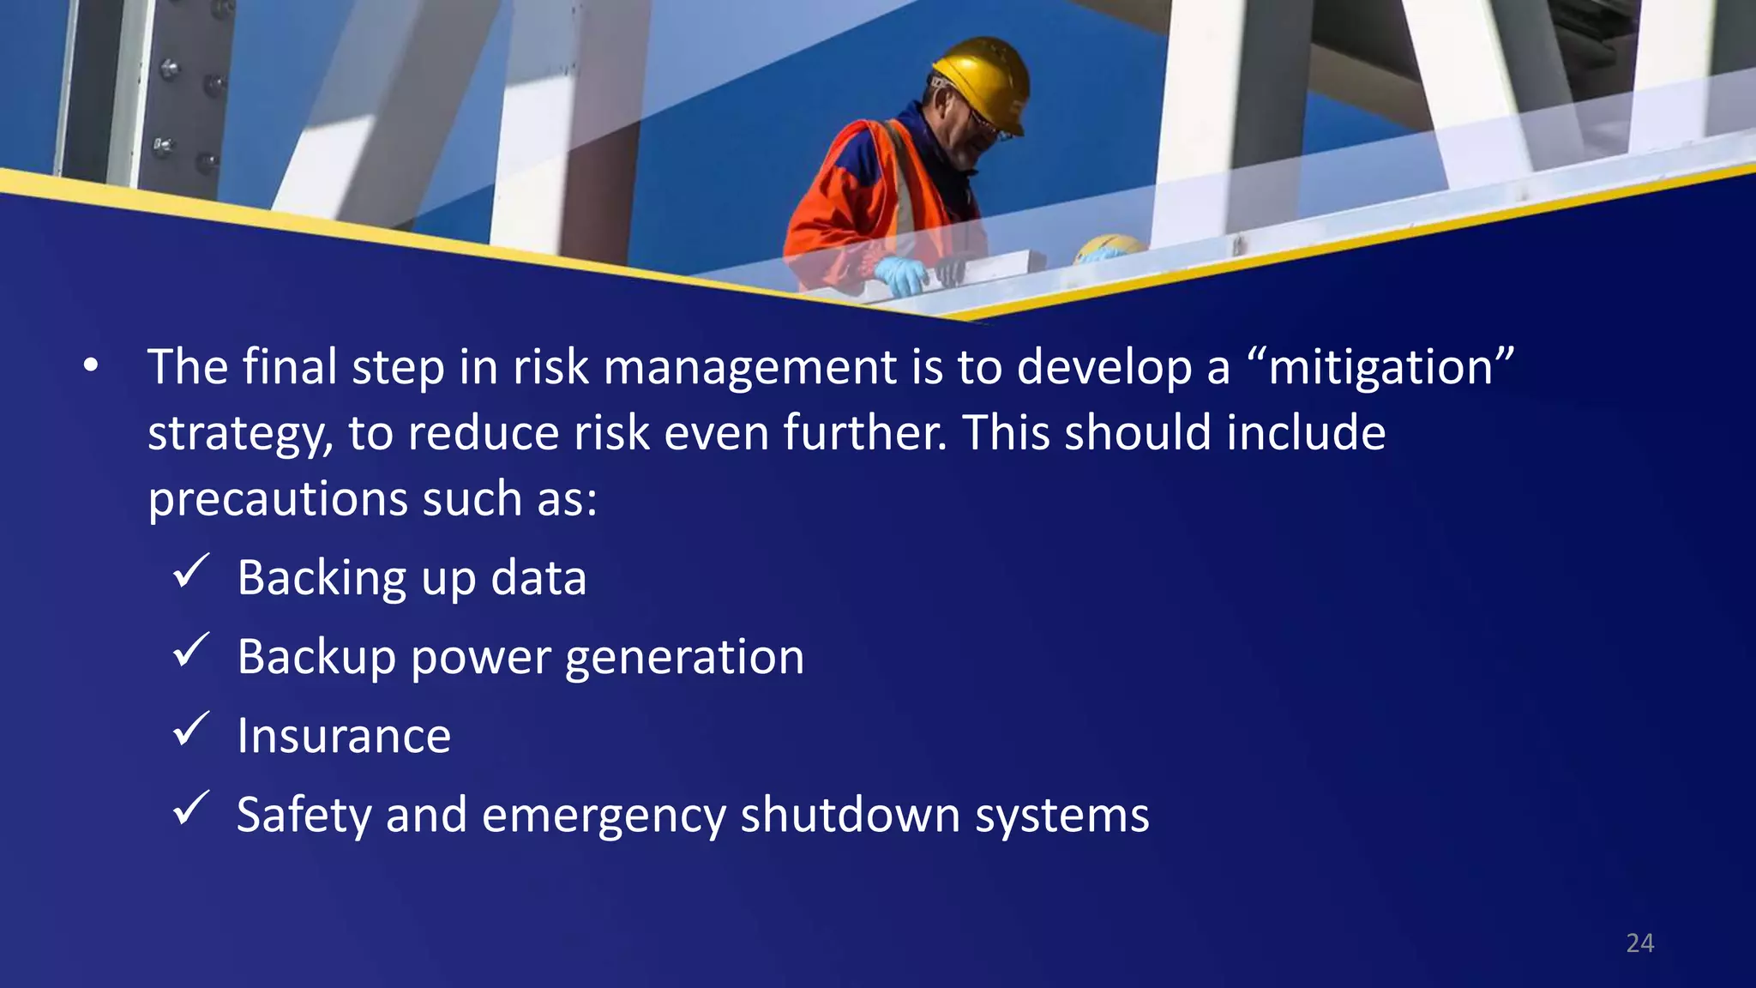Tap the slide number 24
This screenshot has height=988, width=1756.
click(1639, 943)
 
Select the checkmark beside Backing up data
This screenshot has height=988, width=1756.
click(190, 571)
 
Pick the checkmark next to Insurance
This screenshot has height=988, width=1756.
click(190, 729)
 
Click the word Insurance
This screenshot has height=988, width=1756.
click(344, 736)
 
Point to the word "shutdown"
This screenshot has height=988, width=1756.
click(850, 815)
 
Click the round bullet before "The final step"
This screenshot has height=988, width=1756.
click(91, 367)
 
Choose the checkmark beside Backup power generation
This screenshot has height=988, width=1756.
click(190, 650)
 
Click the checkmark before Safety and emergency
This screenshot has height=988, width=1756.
click(190, 808)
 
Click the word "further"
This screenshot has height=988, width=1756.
click(863, 432)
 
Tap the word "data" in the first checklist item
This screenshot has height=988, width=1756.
click(538, 578)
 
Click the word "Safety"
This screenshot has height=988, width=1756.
click(304, 815)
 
